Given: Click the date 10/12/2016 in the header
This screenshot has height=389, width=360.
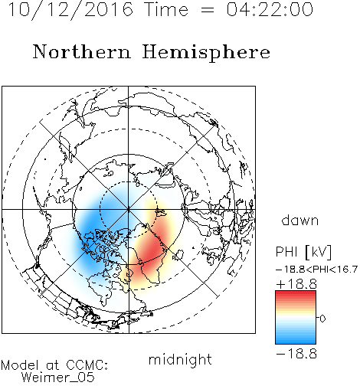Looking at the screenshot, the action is [x=70, y=10].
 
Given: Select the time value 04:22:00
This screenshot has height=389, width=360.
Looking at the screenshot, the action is [x=270, y=9].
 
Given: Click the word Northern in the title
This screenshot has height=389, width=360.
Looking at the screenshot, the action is [x=82, y=51].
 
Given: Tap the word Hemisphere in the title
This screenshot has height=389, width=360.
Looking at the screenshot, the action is [x=206, y=53].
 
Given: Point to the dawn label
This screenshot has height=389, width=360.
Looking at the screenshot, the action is [x=300, y=220].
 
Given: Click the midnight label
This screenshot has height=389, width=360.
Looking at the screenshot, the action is [x=180, y=360].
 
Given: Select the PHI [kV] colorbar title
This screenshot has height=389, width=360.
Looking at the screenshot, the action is [x=303, y=252].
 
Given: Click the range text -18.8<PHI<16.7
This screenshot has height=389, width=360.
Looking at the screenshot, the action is [x=316, y=270].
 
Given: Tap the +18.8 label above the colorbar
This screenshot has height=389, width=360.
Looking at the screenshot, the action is [x=296, y=284].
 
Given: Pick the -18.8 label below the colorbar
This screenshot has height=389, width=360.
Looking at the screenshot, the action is [x=296, y=354].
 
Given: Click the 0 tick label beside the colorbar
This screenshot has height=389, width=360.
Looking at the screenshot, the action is [x=322, y=319].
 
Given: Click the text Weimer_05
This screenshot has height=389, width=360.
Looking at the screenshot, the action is [x=58, y=378].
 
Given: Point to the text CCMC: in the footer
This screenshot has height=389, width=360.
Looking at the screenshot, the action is [x=87, y=365].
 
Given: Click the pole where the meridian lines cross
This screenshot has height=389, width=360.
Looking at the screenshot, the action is [x=129, y=209].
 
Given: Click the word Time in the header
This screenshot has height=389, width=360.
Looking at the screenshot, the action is [x=166, y=9].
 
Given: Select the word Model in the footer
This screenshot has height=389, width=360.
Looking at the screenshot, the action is [x=20, y=365].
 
